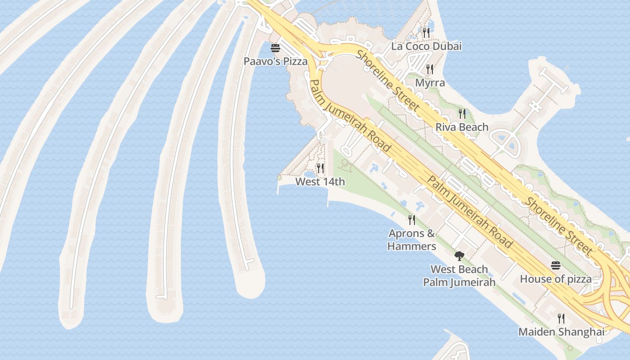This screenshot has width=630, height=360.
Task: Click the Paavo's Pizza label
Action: [x=275, y=61]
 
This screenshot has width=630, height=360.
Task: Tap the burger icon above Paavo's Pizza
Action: [x=275, y=48]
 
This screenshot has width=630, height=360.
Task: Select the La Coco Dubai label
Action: [x=426, y=46]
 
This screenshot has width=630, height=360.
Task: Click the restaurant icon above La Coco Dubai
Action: [x=426, y=32]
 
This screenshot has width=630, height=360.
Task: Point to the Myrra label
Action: [x=430, y=83]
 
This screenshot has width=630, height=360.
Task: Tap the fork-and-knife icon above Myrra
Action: [x=430, y=69]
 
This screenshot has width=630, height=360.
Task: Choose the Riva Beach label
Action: [x=462, y=127]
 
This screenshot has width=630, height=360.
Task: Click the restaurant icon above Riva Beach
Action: [x=462, y=113]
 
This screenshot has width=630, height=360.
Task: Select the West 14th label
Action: [x=320, y=182]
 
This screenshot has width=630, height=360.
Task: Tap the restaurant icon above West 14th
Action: [x=320, y=168]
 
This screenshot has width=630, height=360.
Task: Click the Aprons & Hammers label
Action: [x=412, y=240]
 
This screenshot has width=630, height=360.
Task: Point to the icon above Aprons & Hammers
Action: [x=412, y=220]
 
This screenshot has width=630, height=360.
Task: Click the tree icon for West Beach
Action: [x=459, y=256]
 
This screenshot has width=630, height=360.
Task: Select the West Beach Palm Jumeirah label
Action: [x=459, y=276]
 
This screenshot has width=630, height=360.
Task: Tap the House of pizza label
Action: [x=556, y=279]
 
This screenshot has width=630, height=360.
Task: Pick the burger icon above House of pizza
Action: [x=556, y=265]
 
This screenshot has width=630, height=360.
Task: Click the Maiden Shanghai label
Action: [x=561, y=332]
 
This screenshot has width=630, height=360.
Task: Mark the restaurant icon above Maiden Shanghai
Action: [x=561, y=319]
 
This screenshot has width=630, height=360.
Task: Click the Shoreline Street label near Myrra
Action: [x=388, y=81]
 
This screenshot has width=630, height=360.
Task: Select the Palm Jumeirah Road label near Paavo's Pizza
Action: [x=350, y=116]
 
